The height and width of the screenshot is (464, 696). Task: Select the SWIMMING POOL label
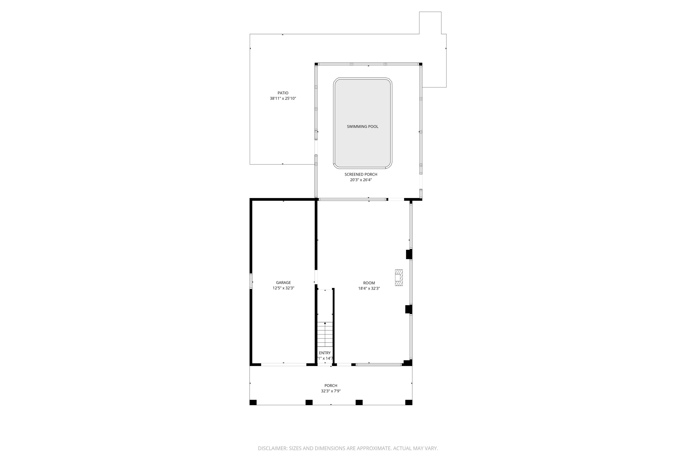(x=362, y=127)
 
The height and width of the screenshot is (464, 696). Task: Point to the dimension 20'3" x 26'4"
(x=360, y=180)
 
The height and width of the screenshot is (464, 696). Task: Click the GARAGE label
(x=283, y=283)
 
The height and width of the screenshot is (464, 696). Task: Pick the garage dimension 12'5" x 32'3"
(x=283, y=288)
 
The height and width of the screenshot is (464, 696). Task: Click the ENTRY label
(x=325, y=353)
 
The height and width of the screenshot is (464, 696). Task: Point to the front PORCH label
(x=331, y=386)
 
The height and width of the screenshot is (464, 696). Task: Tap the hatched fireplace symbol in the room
(x=399, y=278)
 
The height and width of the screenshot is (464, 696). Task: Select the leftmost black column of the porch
(x=253, y=402)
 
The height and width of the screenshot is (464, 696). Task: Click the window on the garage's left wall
(x=251, y=281)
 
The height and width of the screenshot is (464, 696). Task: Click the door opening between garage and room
(x=316, y=278)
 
